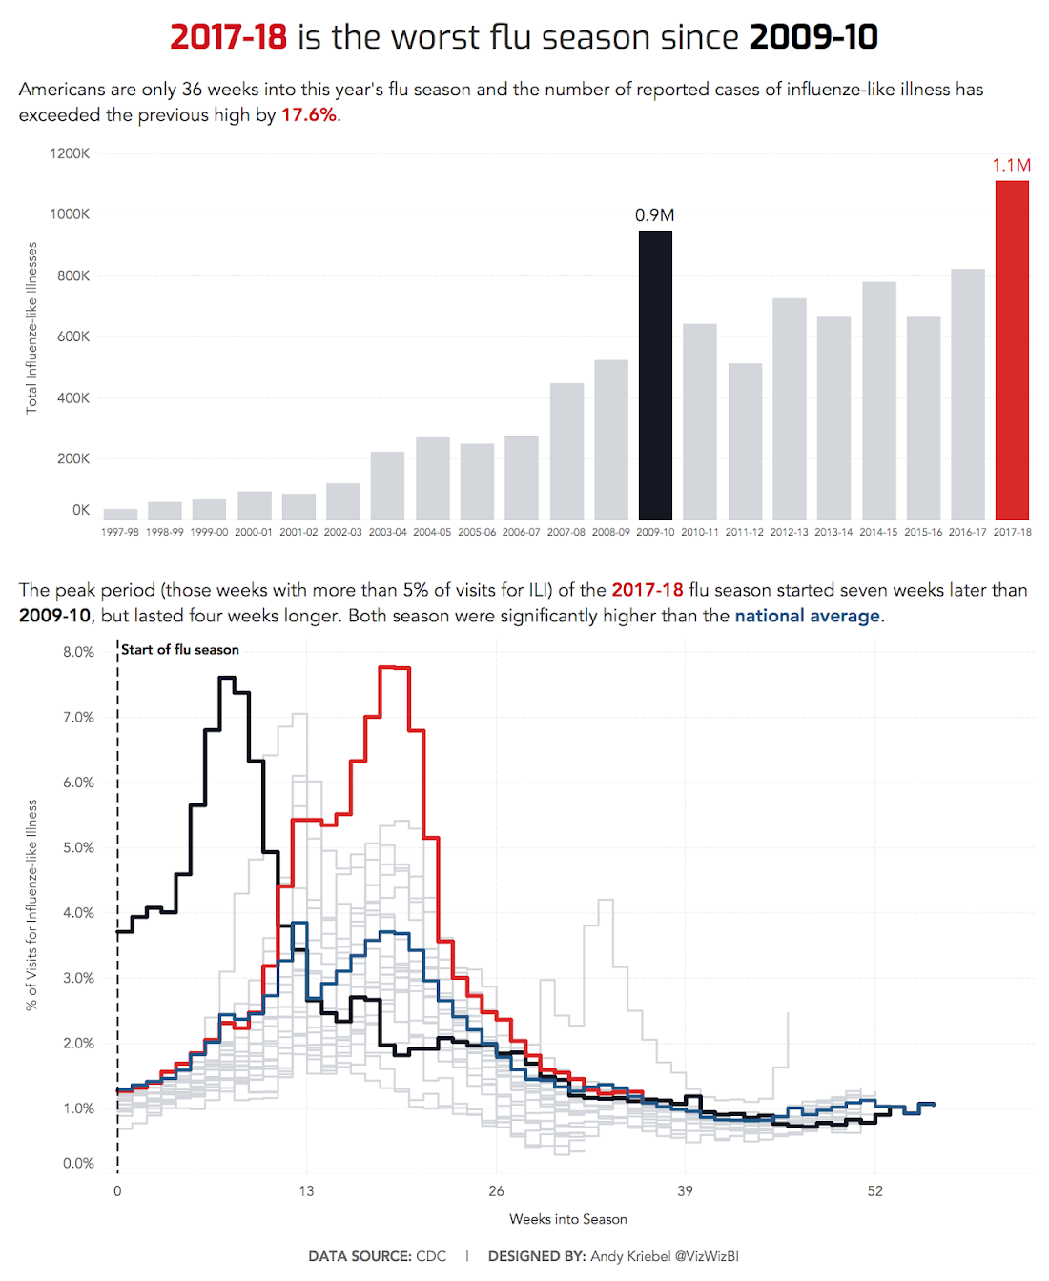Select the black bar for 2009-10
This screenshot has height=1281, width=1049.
[655, 376]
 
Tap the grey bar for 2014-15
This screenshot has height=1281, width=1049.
[878, 400]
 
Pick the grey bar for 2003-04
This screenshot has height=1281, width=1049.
[387, 486]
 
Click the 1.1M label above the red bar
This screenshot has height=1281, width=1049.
[1011, 165]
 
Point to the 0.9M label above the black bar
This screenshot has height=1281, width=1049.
[654, 215]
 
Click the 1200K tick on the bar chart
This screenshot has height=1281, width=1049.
[70, 153]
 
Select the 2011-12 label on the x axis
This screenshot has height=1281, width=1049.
[744, 532]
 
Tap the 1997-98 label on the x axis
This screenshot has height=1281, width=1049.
[120, 532]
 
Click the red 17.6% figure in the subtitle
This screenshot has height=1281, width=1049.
[308, 115]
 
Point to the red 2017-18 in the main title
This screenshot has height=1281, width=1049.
[228, 37]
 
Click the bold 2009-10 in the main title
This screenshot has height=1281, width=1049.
[813, 37]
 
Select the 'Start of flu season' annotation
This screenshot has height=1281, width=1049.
[180, 650]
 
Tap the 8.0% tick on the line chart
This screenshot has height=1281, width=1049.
[78, 652]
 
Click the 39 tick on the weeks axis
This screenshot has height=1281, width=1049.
[685, 1190]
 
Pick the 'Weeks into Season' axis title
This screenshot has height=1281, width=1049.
[568, 1219]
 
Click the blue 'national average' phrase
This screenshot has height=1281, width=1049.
[807, 616]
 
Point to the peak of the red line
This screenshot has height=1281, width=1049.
[394, 668]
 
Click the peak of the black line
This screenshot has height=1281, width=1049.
[227, 678]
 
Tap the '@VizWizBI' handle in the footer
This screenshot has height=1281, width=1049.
[707, 1256]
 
